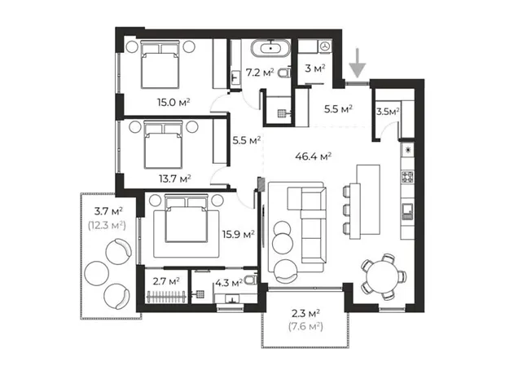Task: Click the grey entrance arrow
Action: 358,64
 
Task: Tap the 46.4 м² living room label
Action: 314,157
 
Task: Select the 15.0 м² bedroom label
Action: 173,102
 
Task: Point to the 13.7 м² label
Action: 175,179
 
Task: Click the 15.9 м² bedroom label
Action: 239,234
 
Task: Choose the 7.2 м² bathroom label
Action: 260,73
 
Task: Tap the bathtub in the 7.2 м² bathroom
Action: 271,48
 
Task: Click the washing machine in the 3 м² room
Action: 325,46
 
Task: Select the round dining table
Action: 383,277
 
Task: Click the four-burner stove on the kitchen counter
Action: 407,177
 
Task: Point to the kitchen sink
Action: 407,211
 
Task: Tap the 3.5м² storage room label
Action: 388,112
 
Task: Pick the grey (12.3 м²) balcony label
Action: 107,225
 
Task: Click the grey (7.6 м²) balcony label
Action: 305,327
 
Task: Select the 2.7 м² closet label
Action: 166,281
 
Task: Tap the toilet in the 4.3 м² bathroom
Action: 251,280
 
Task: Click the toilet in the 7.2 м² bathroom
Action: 285,73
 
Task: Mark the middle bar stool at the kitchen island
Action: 347,210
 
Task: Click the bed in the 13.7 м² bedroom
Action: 163,144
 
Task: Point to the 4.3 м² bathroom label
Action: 229,284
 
